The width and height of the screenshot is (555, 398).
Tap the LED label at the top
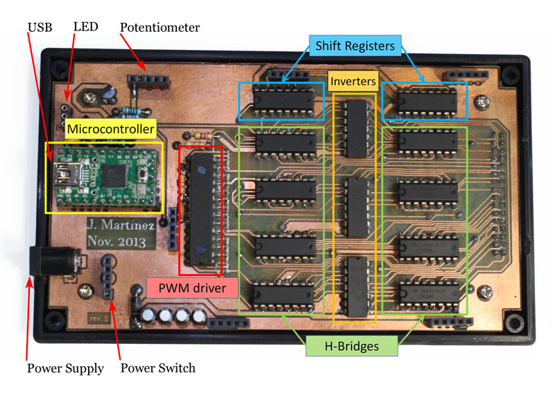[85, 27]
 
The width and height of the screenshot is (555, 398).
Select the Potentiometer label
[160, 28]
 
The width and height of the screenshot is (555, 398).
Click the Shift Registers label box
[355, 46]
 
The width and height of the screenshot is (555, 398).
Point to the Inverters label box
[353, 81]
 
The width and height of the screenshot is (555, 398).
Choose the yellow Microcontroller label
[110, 129]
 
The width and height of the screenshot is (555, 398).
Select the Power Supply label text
[65, 368]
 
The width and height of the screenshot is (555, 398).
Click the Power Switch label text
[158, 368]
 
